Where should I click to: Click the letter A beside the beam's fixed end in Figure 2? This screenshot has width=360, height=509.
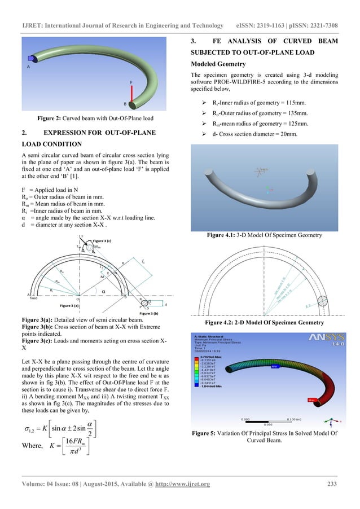click(x=28, y=66)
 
